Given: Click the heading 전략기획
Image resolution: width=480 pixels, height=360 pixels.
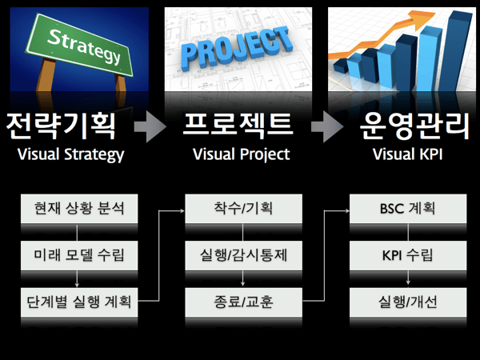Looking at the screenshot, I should pos(61,125).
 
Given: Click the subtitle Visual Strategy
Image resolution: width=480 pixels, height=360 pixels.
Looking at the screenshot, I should pos(70,154).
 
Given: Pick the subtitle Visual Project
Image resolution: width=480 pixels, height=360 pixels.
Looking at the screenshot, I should pos(241,154).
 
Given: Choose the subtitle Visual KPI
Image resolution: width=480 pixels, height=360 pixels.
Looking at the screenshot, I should pos(408,154).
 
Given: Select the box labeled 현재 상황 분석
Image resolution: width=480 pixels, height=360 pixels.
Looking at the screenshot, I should pos(76,210).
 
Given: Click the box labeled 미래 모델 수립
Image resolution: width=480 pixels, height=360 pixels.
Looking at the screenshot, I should pos(76,256).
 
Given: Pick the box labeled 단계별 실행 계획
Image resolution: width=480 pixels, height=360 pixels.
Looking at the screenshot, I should pos(76,302).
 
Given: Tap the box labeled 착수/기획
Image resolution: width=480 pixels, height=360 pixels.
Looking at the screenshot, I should pos(242,210).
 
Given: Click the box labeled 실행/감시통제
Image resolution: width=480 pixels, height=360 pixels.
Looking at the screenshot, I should pos(242,256).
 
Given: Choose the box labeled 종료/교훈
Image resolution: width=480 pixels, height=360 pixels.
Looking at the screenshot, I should pos(242,302).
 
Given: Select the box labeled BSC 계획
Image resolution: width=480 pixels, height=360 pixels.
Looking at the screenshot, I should pos(408,210).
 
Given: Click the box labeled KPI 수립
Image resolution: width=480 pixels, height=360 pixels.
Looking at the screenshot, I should pos(408,256).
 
